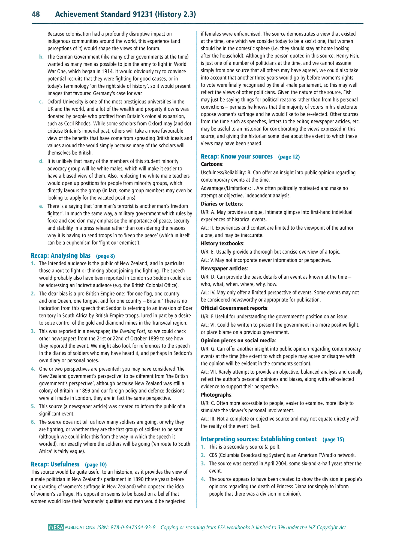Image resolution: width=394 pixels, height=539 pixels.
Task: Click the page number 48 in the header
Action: tap(36, 14)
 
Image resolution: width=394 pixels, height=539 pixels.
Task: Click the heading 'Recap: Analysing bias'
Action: tap(61, 255)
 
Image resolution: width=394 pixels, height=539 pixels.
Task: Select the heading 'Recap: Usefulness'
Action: tap(55, 464)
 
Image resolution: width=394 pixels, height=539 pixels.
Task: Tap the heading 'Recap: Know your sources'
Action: tap(237, 156)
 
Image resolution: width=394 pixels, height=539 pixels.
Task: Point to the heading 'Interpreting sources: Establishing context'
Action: tap(259, 439)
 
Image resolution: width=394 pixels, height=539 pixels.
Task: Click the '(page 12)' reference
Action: tap(289, 157)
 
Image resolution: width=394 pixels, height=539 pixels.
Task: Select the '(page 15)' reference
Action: tap(333, 440)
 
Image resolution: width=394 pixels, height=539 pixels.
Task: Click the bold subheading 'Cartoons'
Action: tap(211, 164)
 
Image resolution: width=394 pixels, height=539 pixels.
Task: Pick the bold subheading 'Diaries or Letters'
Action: tap(221, 204)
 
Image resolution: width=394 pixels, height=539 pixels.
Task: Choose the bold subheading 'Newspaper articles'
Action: tap(224, 268)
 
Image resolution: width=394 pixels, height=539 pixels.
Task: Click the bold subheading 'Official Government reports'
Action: tap(234, 308)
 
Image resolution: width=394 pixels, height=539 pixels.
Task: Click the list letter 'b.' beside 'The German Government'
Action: tap(41, 57)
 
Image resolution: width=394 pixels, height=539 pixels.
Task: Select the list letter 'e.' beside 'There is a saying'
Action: tap(41, 206)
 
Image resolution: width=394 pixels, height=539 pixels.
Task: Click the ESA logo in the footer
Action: tap(56, 527)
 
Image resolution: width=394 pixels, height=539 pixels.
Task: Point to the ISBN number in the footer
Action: tap(126, 527)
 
